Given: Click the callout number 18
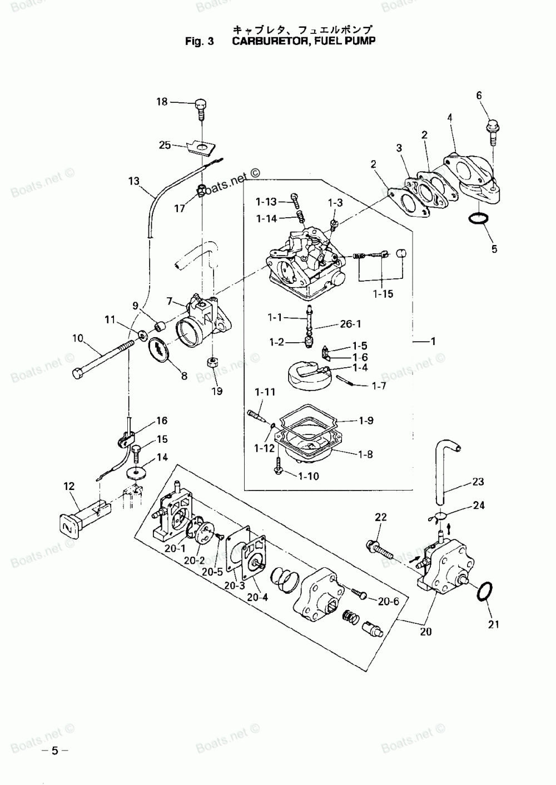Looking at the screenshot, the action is (x=162, y=102).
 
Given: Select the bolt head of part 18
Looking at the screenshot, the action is (x=200, y=104).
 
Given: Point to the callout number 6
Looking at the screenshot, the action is (x=479, y=96).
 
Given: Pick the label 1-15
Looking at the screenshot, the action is (x=383, y=294).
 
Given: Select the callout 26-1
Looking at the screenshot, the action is (x=350, y=324).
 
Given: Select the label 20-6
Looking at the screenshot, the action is (x=389, y=601).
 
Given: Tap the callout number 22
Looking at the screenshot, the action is (x=381, y=517).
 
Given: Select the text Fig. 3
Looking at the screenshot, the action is (x=199, y=41).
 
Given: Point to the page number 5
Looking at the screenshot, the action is (x=54, y=751).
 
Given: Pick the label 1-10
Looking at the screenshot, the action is (x=309, y=476).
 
